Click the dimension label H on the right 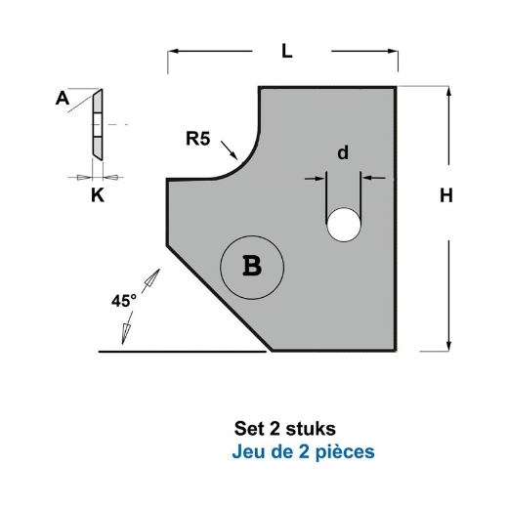(445, 195)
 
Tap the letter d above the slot (342, 152)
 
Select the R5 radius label (198, 139)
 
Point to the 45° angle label (122, 302)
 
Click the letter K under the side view (96, 195)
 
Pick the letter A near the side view (63, 97)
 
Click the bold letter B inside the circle (251, 267)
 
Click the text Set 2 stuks (285, 429)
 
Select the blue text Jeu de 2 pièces (304, 452)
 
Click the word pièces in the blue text (347, 452)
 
